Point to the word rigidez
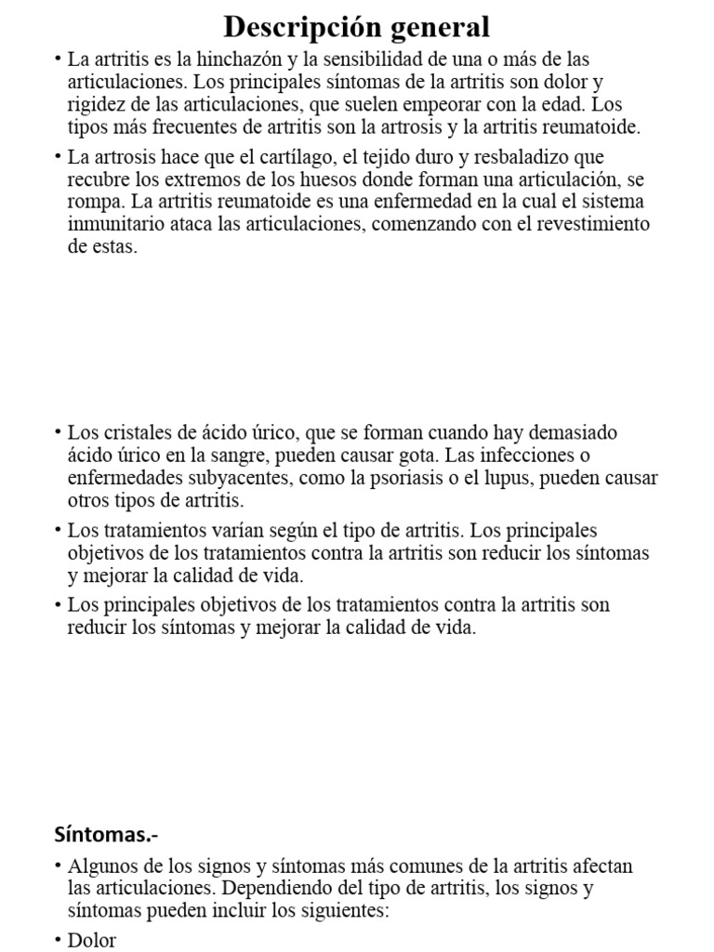tap(96, 105)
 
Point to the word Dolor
tap(92, 940)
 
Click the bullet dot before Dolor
tap(57, 940)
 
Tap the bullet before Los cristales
tap(57, 433)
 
